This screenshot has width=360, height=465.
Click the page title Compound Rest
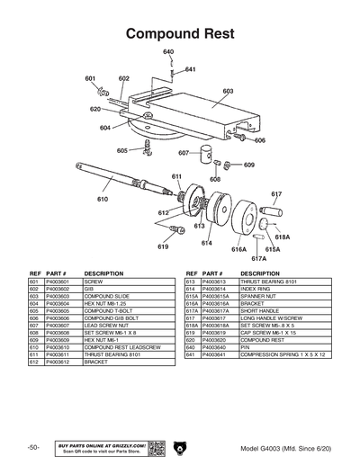(179, 33)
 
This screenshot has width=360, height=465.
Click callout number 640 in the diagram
(168, 53)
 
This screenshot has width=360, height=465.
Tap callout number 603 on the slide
(228, 91)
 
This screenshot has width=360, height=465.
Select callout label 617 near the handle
(276, 194)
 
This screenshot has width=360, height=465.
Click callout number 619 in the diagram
(163, 246)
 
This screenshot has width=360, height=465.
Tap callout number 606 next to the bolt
(259, 140)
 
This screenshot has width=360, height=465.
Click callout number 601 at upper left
(91, 79)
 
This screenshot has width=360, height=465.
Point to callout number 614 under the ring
(207, 243)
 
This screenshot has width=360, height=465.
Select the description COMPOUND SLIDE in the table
(107, 296)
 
